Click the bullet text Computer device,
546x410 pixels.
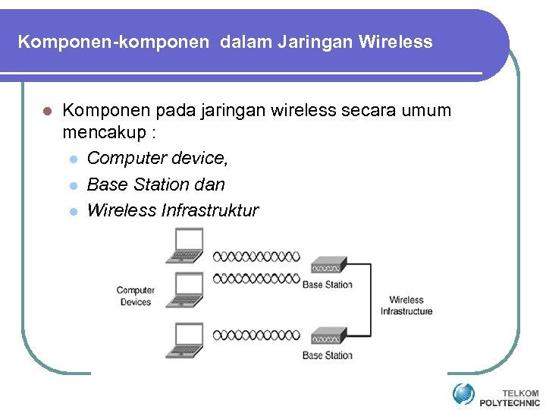pos(157,159)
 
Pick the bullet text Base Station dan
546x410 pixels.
pos(155,184)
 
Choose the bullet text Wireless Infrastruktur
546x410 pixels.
pos(172,210)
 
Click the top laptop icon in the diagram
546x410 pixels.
pos(186,247)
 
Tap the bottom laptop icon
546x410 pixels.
pos(186,339)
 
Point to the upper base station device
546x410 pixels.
pos(325,266)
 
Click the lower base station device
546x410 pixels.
pos(325,336)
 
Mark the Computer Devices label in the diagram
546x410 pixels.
pos(136,296)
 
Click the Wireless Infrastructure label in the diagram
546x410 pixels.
pos(406,305)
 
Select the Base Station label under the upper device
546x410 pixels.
pos(328,285)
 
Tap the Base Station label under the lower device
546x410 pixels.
pos(328,355)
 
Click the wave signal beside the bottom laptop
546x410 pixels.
pos(256,335)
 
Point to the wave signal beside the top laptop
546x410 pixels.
pos(256,257)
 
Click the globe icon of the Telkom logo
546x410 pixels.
pos(463,393)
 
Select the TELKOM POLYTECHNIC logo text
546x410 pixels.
pos(509,398)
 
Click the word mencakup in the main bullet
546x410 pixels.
pos(101,134)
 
